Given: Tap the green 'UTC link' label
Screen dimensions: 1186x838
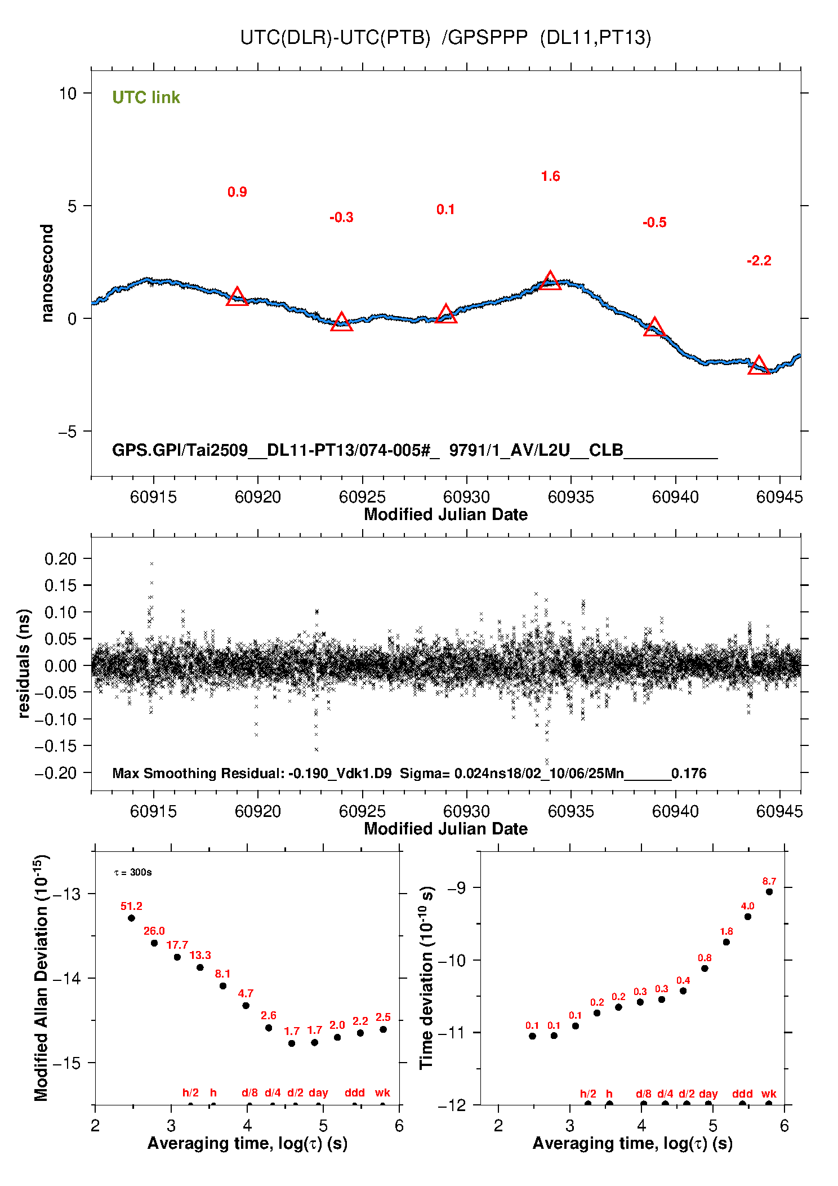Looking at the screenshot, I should (x=146, y=97).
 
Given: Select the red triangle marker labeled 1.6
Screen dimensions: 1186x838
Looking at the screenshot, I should (x=550, y=281).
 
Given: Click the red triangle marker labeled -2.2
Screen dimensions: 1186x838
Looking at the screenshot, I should (x=759, y=366).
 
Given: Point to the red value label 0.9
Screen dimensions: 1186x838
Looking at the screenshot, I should (x=237, y=192).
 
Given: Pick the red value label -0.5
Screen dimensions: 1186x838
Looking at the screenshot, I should (x=654, y=223).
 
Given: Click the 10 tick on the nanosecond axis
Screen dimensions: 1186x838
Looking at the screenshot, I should (x=68, y=94).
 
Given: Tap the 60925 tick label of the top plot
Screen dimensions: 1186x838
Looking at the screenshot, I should (x=362, y=497).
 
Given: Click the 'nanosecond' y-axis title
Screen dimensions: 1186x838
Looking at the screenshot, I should (x=47, y=273).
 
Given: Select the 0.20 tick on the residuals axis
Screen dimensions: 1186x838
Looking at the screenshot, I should (x=60, y=559).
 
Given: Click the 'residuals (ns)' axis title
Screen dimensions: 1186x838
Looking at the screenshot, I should (x=24, y=664).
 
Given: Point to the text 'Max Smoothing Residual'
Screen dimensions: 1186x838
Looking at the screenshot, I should (x=197, y=773).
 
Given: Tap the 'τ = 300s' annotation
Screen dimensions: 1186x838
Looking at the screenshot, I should (x=133, y=873).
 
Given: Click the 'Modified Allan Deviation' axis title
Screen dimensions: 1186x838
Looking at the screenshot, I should (x=42, y=978).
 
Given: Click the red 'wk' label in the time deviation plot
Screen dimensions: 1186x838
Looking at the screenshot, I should (x=769, y=1094).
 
